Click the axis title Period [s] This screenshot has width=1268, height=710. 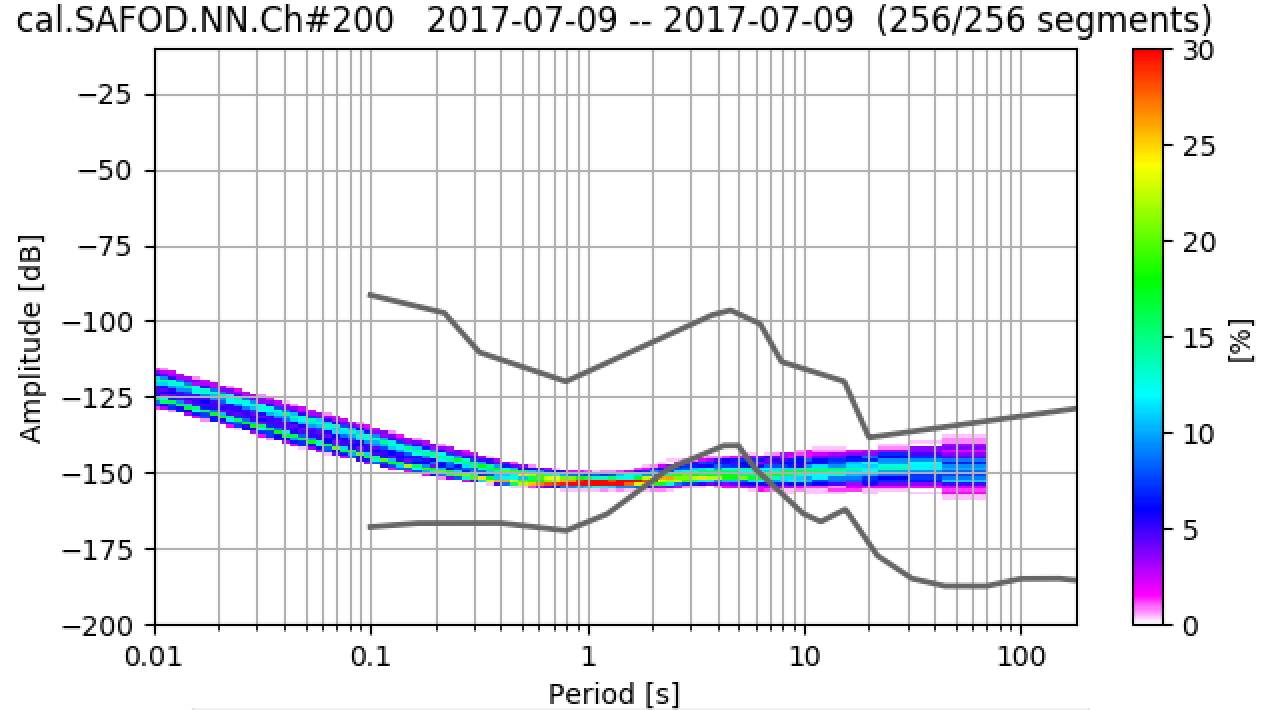tap(613, 693)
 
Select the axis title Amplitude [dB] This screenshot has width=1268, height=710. tap(32, 341)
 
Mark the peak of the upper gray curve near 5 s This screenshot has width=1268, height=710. tap(731, 310)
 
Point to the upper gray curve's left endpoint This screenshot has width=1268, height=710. tap(370, 294)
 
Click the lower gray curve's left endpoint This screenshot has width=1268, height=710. tap(370, 526)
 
